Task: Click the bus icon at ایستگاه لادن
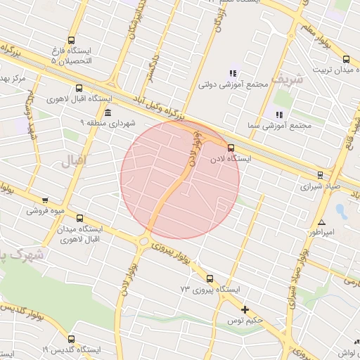pyautogui.click(x=231, y=147)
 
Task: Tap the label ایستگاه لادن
pyautogui.click(x=231, y=160)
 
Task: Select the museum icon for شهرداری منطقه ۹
pyautogui.click(x=107, y=112)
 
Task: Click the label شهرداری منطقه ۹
pyautogui.click(x=107, y=123)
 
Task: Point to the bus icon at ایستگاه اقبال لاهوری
pyautogui.click(x=79, y=89)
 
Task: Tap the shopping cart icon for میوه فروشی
pyautogui.click(x=46, y=200)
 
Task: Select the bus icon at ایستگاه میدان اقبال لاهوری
pyautogui.click(x=79, y=219)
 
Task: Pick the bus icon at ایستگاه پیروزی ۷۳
pyautogui.click(x=210, y=278)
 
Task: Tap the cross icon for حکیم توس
pyautogui.click(x=245, y=309)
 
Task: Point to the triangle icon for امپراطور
pyautogui.click(x=321, y=221)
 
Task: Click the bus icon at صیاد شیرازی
pyautogui.click(x=321, y=174)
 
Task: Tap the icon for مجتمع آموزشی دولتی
pyautogui.click(x=233, y=73)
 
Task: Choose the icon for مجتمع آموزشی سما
pyautogui.click(x=279, y=114)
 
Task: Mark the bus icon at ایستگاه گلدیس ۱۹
pyautogui.click(x=71, y=339)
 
